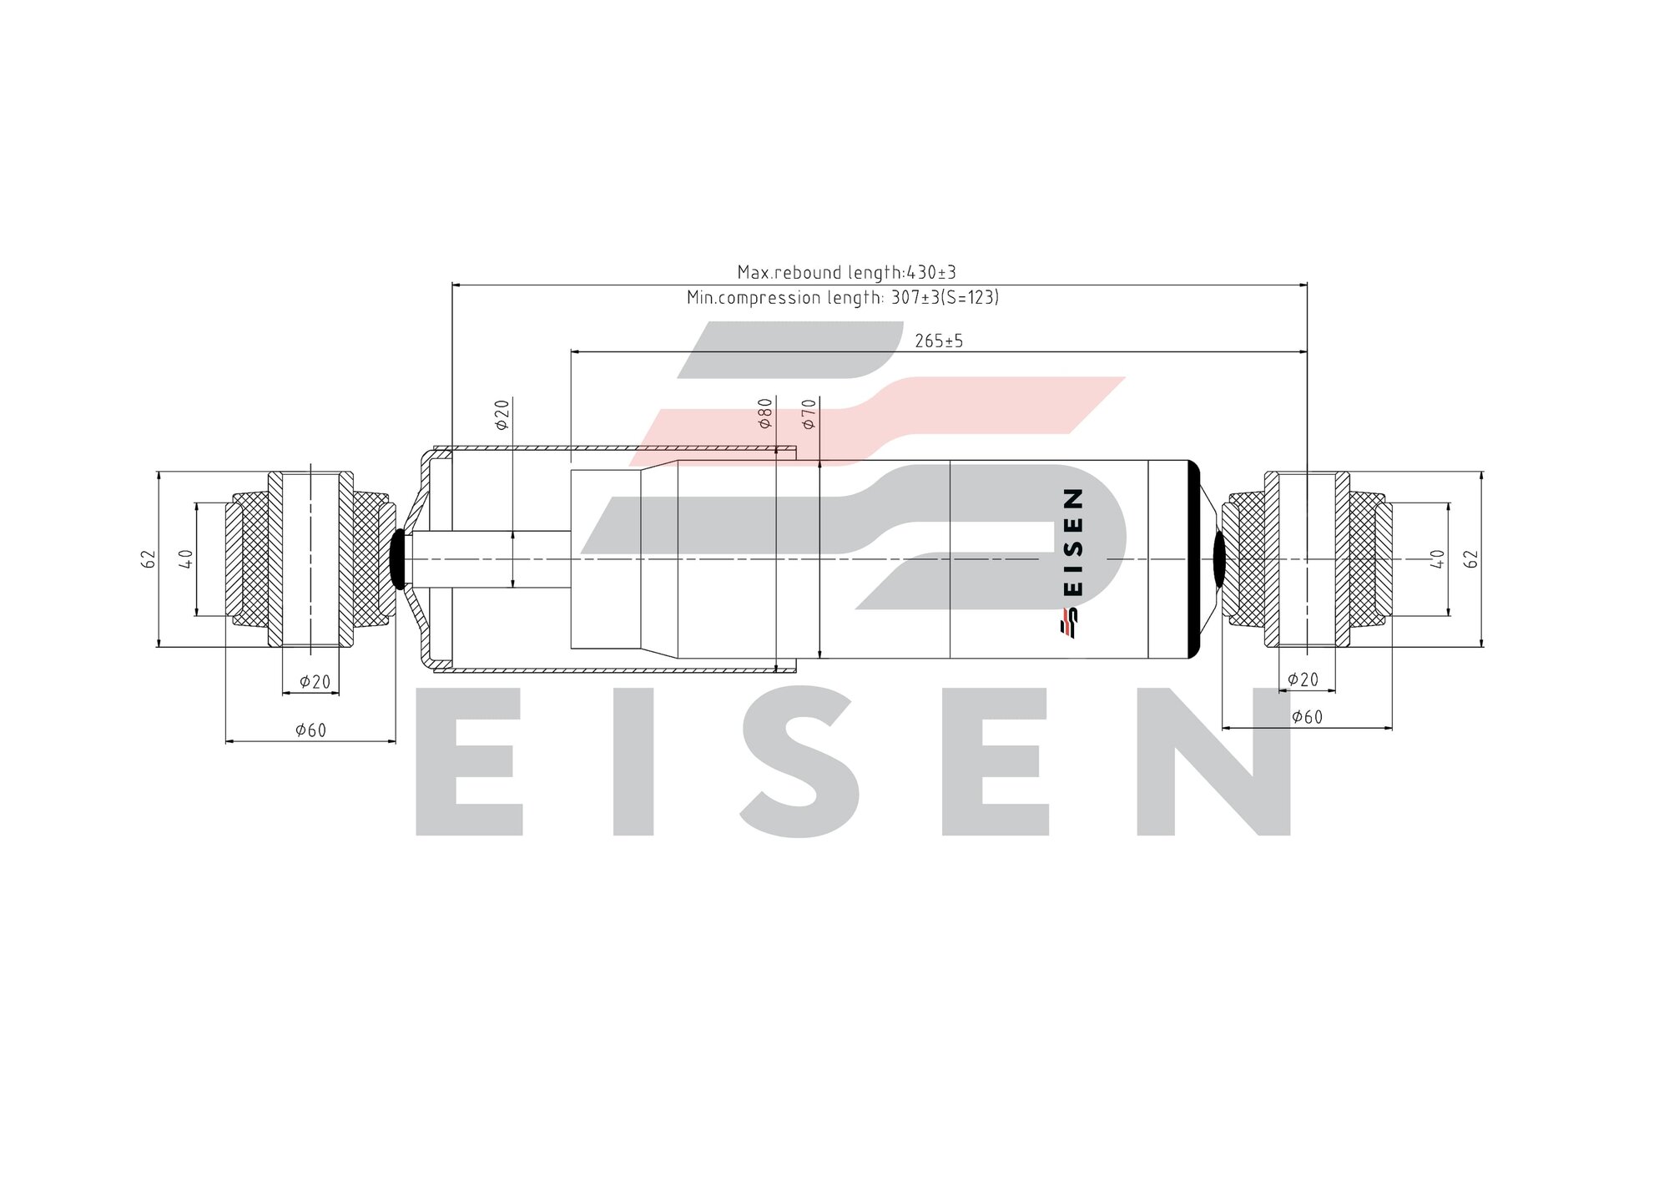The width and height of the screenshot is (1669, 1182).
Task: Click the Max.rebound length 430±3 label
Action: click(x=846, y=272)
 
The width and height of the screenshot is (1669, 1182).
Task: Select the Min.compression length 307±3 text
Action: click(x=842, y=297)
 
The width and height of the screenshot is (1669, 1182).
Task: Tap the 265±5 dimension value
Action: click(x=939, y=341)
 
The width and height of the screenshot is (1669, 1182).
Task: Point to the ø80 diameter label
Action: click(x=765, y=413)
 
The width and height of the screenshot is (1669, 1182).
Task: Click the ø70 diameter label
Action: click(x=809, y=414)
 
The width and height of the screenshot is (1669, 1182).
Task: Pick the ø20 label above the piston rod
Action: click(x=502, y=414)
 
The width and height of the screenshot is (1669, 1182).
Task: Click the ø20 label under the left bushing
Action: click(x=315, y=682)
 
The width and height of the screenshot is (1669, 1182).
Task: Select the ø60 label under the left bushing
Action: click(x=310, y=730)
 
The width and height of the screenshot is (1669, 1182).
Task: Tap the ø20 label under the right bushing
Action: click(x=1303, y=679)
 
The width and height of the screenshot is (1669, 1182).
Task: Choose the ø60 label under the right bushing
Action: click(x=1307, y=717)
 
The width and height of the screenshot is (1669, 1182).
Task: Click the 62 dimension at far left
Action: click(x=149, y=559)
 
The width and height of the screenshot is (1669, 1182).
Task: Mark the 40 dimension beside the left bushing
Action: click(x=186, y=559)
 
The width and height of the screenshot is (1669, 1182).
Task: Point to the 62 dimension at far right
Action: click(x=1471, y=559)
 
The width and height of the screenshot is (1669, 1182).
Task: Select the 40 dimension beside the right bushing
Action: click(x=1437, y=559)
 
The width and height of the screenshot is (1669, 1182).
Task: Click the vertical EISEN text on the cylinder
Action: click(x=1074, y=542)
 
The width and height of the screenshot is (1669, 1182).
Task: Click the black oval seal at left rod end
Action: click(x=399, y=559)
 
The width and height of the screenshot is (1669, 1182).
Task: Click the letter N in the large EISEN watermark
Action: click(x=1214, y=761)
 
